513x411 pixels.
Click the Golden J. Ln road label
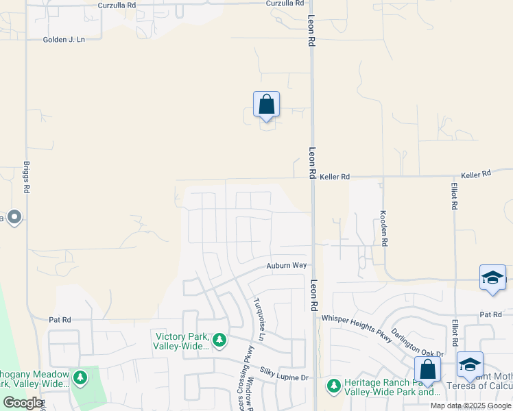pyautogui.click(x=63, y=40)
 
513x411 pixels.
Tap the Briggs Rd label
pyautogui.click(x=27, y=177)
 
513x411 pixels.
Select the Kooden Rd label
pyautogui.click(x=384, y=228)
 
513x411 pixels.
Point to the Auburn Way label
pyautogui.click(x=287, y=265)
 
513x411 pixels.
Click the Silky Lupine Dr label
pyautogui.click(x=285, y=376)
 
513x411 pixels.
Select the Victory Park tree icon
pyautogui.click(x=219, y=340)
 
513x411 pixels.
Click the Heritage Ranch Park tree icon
pyautogui.click(x=334, y=386)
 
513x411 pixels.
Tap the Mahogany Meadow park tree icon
pyautogui.click(x=80, y=377)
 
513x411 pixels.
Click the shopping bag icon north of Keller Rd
pyautogui.click(x=267, y=105)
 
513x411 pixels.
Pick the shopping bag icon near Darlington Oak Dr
pyautogui.click(x=428, y=370)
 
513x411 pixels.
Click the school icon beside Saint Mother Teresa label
pyautogui.click(x=470, y=365)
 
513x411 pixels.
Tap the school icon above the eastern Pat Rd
pyautogui.click(x=492, y=278)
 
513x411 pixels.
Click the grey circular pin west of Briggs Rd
pyautogui.click(x=14, y=218)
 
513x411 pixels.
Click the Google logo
pyautogui.click(x=23, y=403)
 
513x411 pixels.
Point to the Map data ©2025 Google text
pyautogui.click(x=470, y=406)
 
